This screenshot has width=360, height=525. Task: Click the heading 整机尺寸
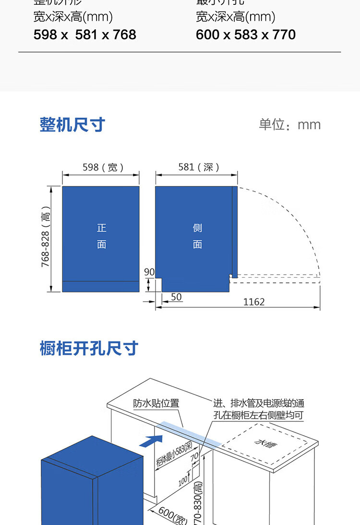[x=72, y=125]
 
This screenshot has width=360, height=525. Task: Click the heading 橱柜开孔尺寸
[x=89, y=349]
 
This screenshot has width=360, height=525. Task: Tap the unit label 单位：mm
[x=289, y=125]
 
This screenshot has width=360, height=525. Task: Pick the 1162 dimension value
[x=254, y=302]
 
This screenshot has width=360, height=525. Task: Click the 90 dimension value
[x=149, y=272]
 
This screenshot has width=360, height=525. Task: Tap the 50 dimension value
[x=176, y=297]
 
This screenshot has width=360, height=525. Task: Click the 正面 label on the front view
[x=101, y=236]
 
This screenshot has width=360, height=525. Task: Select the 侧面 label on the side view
[x=197, y=236]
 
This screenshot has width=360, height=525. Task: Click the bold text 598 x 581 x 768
[x=85, y=35]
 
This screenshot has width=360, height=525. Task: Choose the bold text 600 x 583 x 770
[x=246, y=35]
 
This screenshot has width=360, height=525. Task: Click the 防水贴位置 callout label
[x=156, y=403]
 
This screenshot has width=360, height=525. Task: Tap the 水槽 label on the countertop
[x=263, y=443]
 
